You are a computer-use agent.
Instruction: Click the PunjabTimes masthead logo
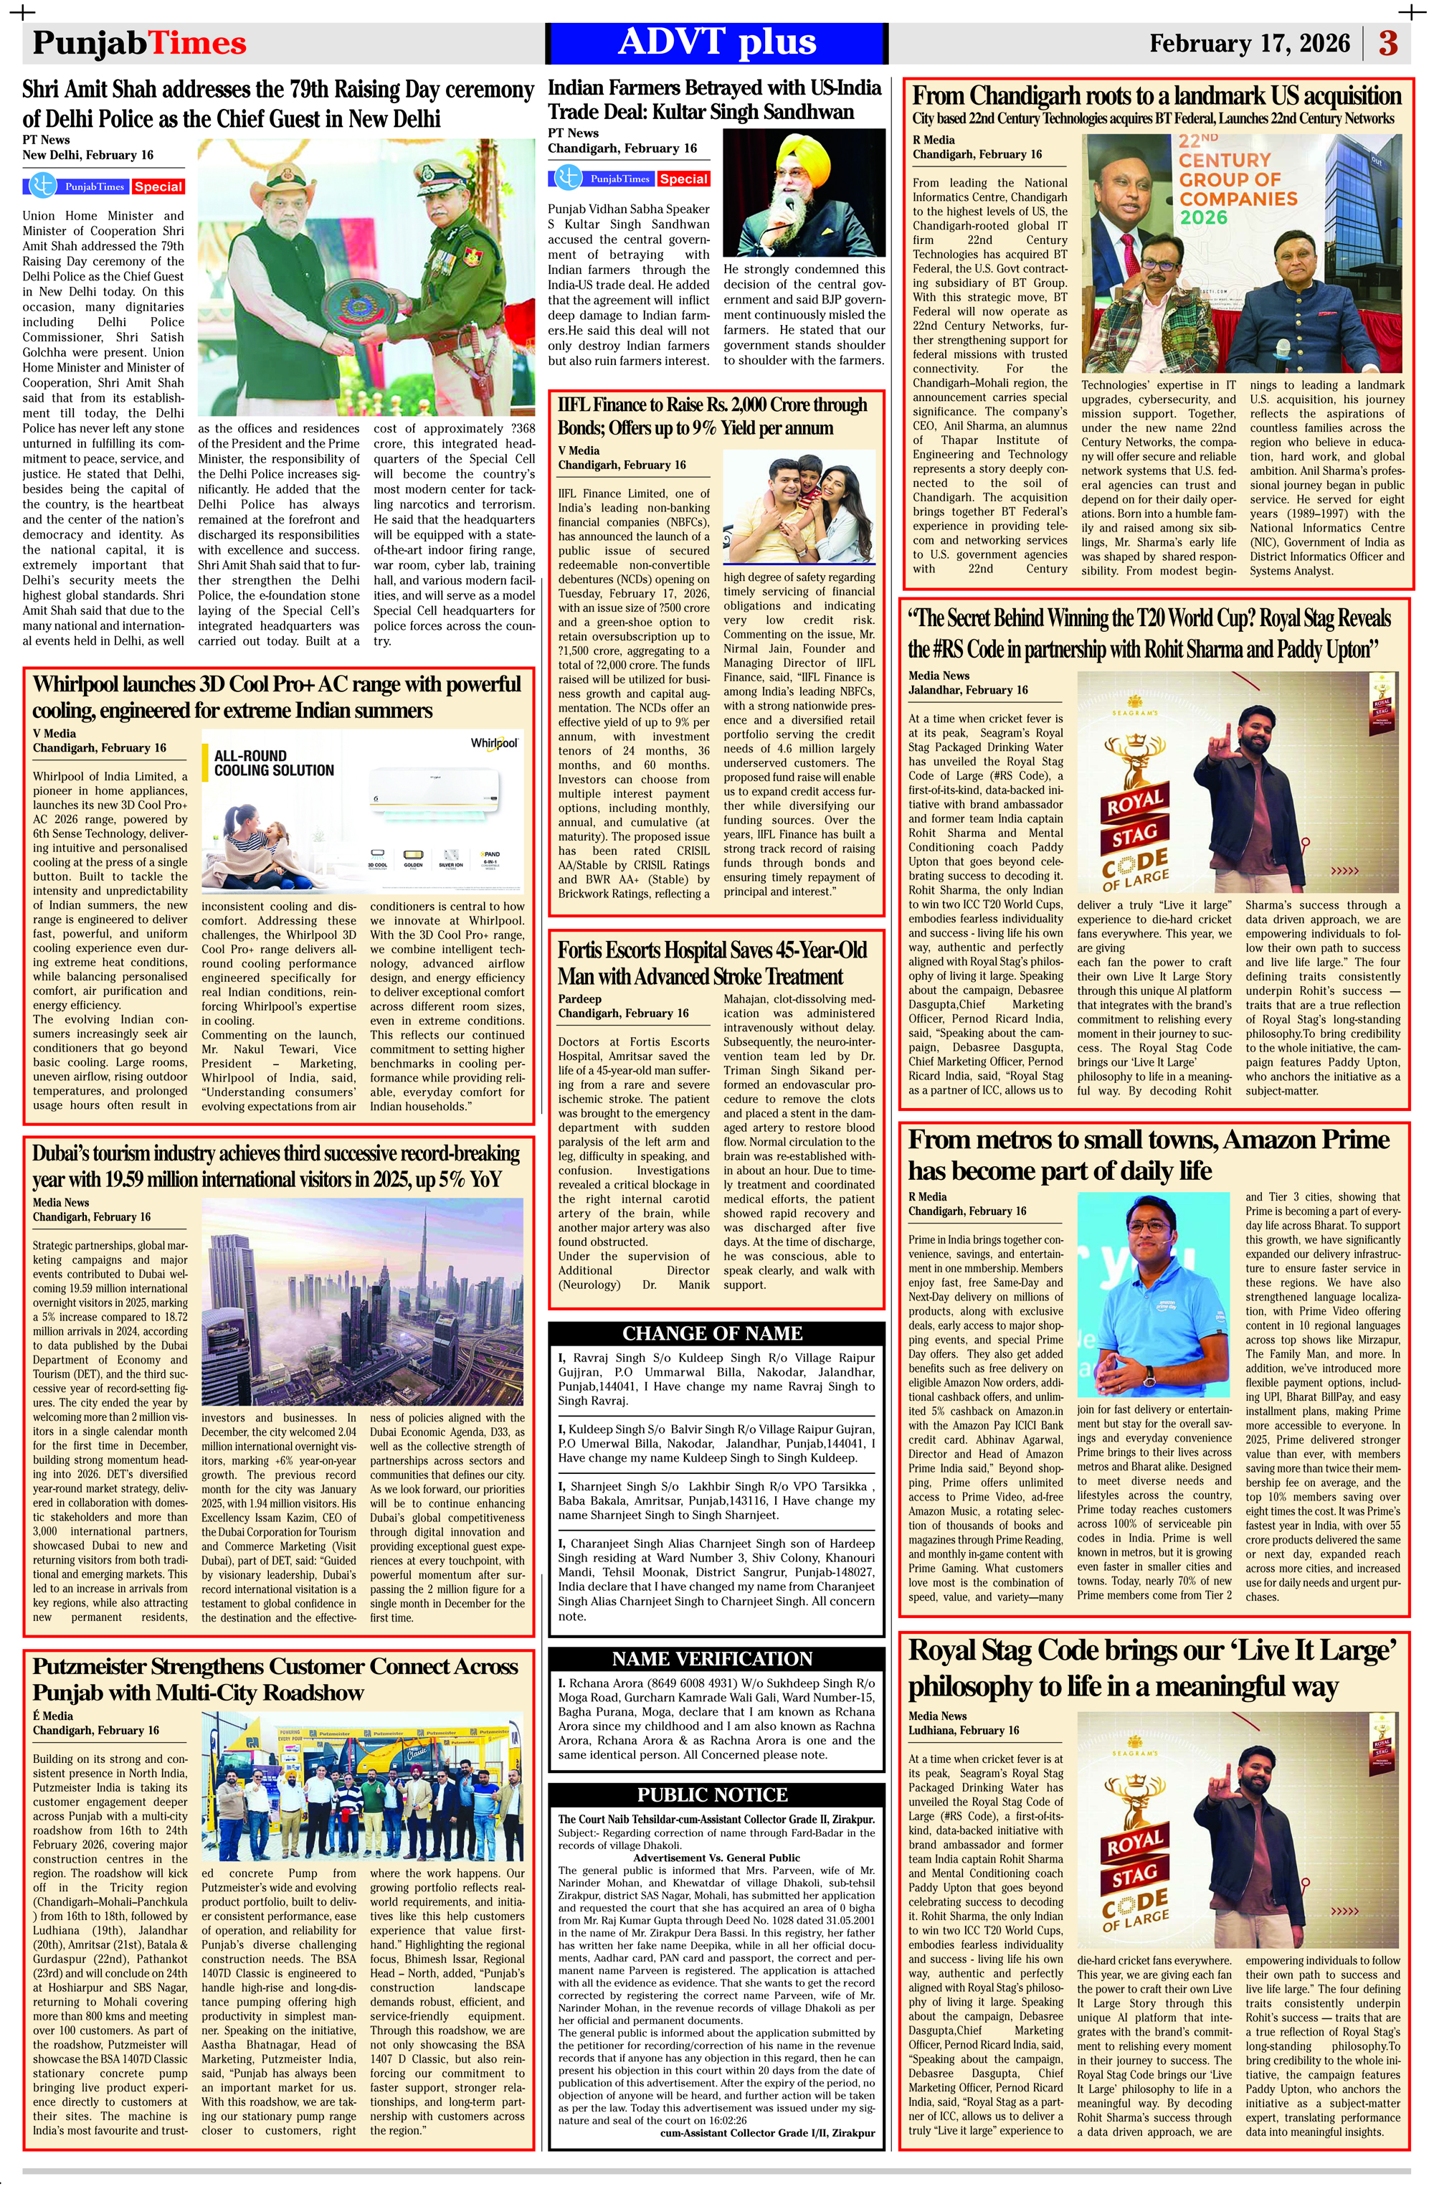pyautogui.click(x=139, y=43)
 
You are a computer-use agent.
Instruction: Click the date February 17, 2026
pyautogui.click(x=1249, y=43)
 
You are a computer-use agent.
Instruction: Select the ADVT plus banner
pyautogui.click(x=717, y=43)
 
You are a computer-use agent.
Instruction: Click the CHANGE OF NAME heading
pyautogui.click(x=713, y=1333)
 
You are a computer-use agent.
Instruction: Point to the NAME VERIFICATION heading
pyautogui.click(x=713, y=1658)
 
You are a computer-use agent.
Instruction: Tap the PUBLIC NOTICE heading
pyautogui.click(x=713, y=1794)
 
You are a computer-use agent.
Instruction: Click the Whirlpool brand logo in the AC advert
pyautogui.click(x=495, y=743)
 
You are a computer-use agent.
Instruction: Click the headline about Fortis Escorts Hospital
pyautogui.click(x=713, y=963)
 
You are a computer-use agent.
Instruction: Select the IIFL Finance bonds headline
pyautogui.click(x=713, y=416)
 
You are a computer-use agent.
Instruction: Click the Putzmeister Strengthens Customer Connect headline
pyautogui.click(x=275, y=1679)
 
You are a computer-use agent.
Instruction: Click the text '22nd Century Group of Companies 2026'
pyautogui.click(x=1237, y=180)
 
